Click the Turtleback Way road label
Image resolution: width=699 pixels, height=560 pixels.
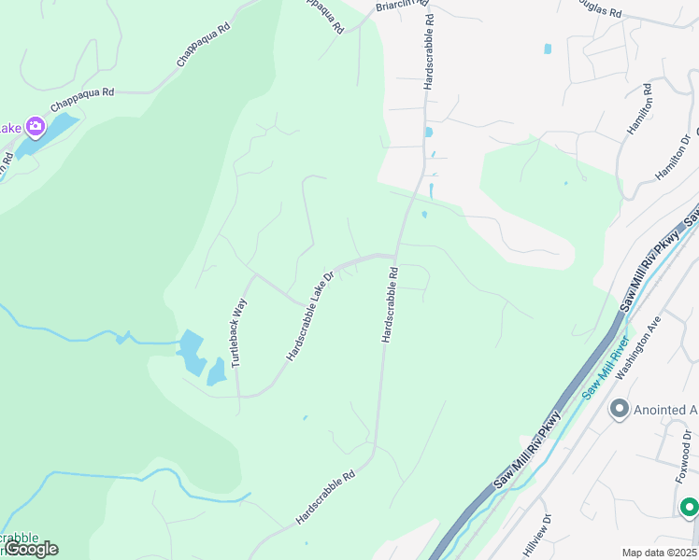[x=237, y=332]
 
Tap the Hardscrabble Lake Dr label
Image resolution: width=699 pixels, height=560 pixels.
[x=310, y=317]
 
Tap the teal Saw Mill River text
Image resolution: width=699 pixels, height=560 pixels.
[x=605, y=369]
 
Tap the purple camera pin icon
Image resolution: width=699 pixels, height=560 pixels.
[x=36, y=126]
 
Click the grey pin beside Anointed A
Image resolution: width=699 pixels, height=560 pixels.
[x=619, y=409]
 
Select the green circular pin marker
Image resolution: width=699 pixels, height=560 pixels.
[x=689, y=507]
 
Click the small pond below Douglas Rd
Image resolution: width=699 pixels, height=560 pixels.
[x=547, y=49]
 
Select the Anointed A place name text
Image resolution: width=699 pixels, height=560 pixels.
[x=666, y=409]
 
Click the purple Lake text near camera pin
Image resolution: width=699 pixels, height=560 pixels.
[x=9, y=127]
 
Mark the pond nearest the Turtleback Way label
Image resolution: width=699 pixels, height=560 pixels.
[x=216, y=372]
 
